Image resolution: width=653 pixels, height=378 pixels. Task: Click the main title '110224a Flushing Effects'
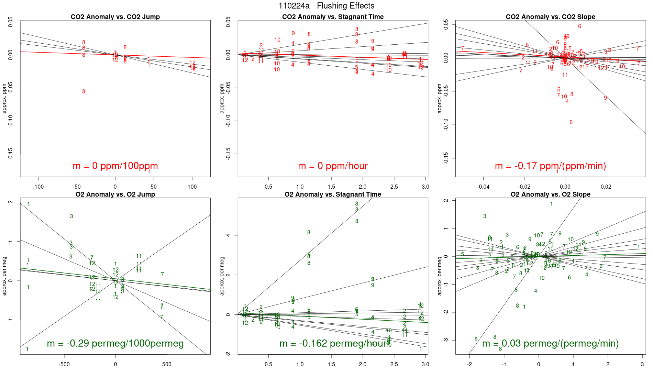[326, 6]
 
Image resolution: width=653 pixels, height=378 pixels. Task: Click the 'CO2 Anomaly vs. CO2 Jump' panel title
[115, 17]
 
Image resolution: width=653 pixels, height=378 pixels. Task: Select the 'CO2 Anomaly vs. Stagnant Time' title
[333, 17]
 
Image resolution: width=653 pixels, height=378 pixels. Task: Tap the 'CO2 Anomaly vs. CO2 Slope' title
[550, 17]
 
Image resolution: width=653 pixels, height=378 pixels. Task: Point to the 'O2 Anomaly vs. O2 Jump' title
[115, 194]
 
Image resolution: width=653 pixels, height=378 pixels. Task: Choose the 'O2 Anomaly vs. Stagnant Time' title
[333, 194]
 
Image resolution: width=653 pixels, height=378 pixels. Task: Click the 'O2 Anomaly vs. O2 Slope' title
[550, 194]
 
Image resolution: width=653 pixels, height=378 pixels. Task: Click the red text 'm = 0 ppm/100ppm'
[115, 166]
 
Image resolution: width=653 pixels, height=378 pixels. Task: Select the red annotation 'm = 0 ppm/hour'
[333, 166]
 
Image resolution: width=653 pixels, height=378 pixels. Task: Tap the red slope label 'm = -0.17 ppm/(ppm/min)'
[550, 166]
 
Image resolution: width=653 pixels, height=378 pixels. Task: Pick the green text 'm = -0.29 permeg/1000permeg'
[115, 344]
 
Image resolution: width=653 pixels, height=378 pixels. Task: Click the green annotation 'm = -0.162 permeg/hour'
[333, 344]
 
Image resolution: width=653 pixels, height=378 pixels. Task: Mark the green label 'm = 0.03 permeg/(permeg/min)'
[550, 344]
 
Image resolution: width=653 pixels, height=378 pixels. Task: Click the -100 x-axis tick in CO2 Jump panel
[38, 187]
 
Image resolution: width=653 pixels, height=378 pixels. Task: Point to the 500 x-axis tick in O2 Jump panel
[166, 365]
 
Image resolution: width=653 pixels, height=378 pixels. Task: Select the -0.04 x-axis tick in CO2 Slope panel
[483, 187]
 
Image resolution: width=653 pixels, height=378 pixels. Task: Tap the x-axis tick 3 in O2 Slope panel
[642, 365]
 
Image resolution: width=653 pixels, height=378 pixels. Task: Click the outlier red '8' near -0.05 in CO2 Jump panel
[84, 92]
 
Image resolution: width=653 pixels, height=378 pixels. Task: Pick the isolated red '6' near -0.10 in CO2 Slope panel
[571, 122]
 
